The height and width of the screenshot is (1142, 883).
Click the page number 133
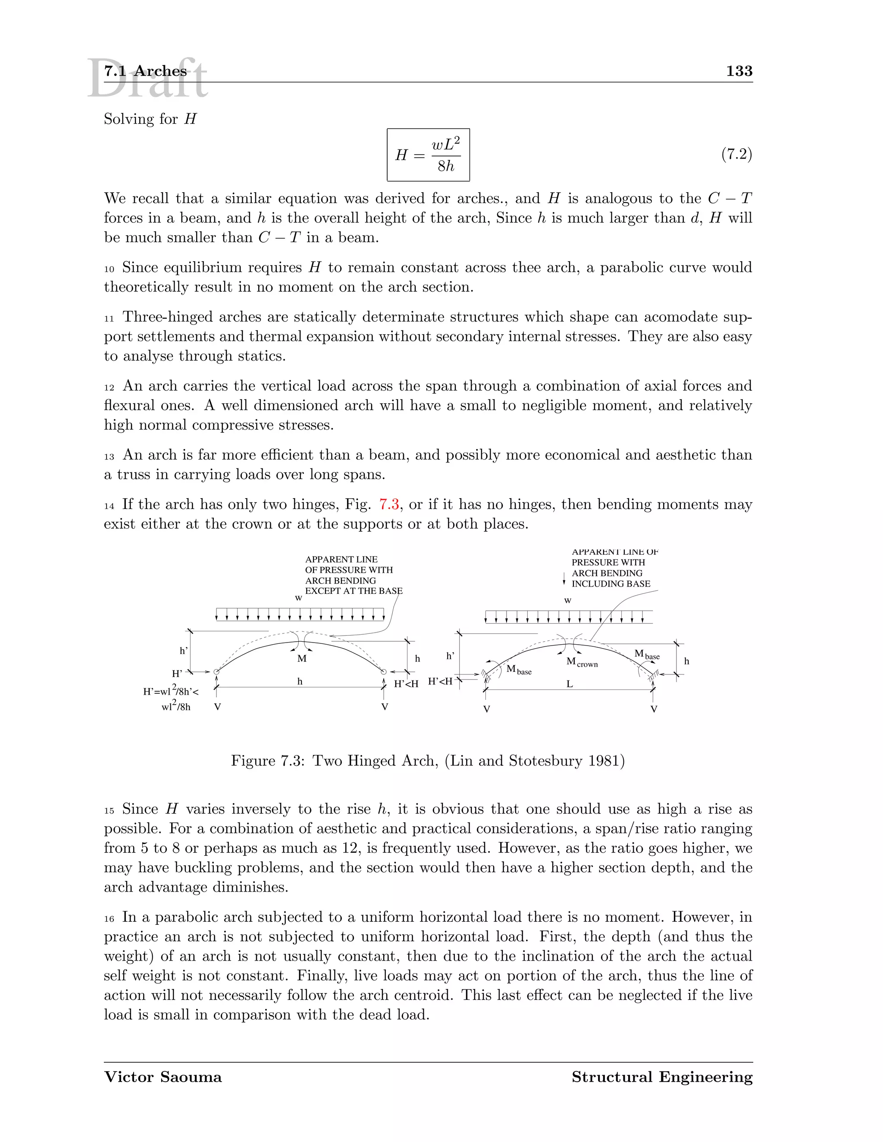(739, 71)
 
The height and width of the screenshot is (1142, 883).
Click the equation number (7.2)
(736, 154)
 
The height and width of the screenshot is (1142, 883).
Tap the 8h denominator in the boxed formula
(446, 166)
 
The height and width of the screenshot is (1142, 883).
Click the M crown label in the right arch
(582, 662)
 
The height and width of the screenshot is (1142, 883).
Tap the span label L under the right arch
(570, 684)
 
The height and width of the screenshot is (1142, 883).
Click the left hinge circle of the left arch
(216, 671)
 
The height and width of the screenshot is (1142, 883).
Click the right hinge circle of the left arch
(384, 671)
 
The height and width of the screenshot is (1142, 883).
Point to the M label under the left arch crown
(302, 659)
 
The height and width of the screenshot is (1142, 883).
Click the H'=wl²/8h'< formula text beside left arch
(171, 691)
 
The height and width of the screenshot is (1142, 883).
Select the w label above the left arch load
(298, 598)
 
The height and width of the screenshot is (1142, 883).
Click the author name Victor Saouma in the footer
(163, 1077)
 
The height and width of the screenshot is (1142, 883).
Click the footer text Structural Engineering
(662, 1077)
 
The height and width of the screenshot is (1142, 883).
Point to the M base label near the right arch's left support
(518, 670)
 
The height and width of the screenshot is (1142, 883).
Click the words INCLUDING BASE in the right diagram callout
(611, 583)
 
